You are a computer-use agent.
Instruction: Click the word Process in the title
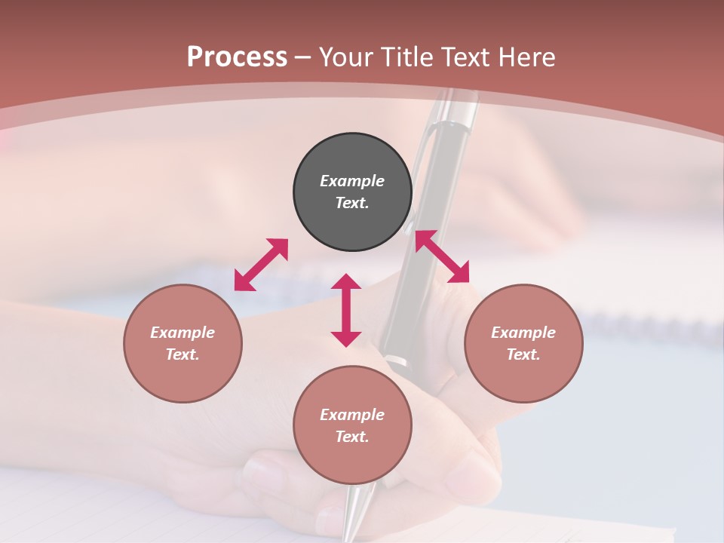tap(237, 57)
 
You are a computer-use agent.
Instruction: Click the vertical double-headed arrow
tap(346, 310)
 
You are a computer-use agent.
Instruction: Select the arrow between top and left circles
tap(261, 265)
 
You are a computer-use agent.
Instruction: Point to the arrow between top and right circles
tap(442, 256)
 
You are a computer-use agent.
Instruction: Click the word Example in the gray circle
tap(352, 181)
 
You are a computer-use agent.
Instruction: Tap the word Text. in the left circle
tap(183, 354)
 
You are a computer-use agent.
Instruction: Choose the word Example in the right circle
tap(523, 333)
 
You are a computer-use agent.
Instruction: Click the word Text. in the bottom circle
tap(352, 437)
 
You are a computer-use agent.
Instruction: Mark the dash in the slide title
tap(302, 57)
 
